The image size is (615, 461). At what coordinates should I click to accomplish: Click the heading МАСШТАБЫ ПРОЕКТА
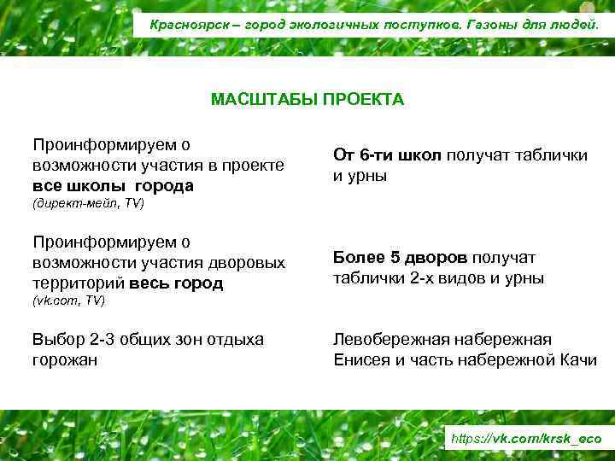coord(307,100)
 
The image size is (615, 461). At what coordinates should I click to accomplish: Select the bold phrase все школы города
coord(114,185)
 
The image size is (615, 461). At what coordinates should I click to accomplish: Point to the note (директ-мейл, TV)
coord(88,205)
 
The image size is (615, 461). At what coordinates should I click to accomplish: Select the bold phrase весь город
coord(175,283)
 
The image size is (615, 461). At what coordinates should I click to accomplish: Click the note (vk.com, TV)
coord(68,301)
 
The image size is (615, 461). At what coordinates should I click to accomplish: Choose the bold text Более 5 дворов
coord(400,258)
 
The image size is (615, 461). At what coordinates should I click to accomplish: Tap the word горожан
coord(65,360)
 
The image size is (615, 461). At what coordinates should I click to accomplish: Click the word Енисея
coord(361,360)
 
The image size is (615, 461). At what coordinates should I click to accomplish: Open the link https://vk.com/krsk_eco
coord(525,439)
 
